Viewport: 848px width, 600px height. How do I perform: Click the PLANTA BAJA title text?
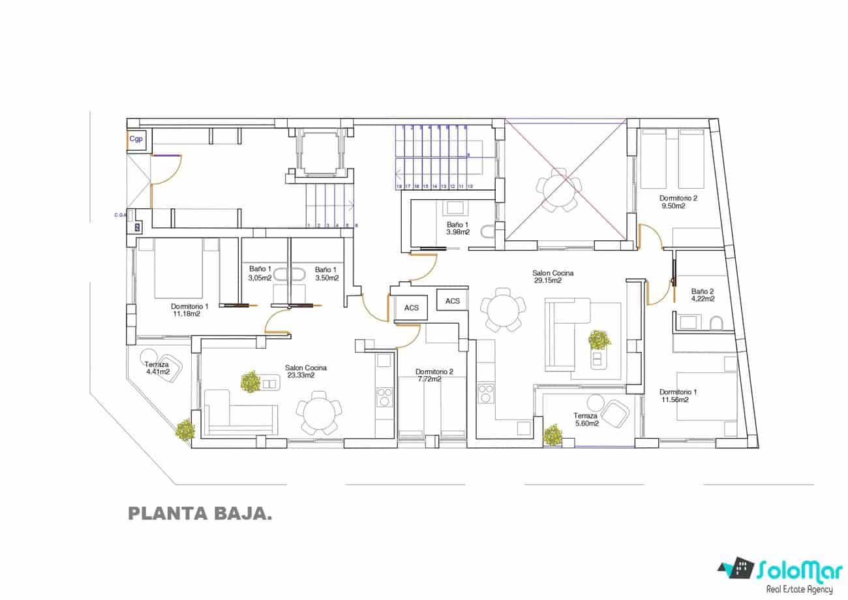pyautogui.click(x=200, y=514)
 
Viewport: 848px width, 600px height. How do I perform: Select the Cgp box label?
pyautogui.click(x=136, y=139)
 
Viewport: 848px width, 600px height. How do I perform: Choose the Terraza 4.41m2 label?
pyautogui.click(x=157, y=368)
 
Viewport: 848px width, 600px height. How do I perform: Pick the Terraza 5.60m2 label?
pyautogui.click(x=585, y=419)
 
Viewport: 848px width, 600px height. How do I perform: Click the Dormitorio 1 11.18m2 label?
pyautogui.click(x=189, y=309)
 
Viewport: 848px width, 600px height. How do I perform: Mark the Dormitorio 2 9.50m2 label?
pyautogui.click(x=678, y=202)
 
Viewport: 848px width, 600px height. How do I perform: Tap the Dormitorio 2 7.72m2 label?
pyautogui.click(x=434, y=375)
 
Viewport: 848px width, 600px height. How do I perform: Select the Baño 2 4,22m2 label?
pyautogui.click(x=703, y=295)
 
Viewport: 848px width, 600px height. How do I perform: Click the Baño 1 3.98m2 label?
pyautogui.click(x=457, y=227)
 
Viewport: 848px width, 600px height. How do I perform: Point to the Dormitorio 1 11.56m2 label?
pyautogui.click(x=678, y=396)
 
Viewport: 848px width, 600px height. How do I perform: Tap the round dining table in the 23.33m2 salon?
pyautogui.click(x=318, y=413)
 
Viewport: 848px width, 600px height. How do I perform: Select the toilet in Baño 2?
pyautogui.click(x=716, y=323)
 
